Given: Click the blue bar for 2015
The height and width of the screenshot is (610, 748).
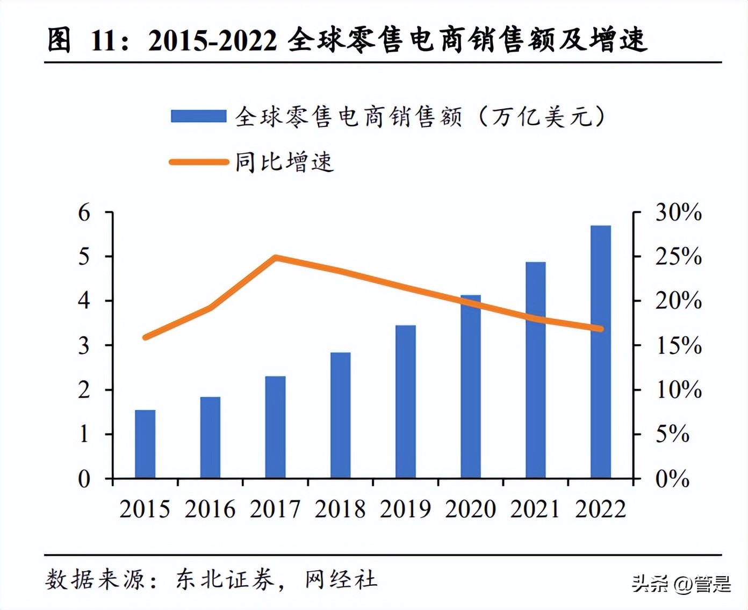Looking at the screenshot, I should (145, 444).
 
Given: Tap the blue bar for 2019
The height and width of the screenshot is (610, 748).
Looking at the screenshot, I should (406, 401).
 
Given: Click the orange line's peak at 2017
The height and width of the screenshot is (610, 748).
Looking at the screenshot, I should (275, 258).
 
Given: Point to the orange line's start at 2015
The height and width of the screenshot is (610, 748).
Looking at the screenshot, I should (145, 337).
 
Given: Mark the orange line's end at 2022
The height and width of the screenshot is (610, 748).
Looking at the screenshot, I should (600, 329).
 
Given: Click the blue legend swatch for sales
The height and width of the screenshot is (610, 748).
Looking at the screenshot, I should (198, 116).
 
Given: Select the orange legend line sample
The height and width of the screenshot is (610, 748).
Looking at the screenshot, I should (198, 162).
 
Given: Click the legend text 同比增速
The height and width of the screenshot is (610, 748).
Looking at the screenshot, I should (284, 162).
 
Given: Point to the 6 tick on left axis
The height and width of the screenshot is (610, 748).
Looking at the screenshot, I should (84, 213).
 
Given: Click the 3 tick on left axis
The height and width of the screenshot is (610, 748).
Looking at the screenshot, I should (84, 346).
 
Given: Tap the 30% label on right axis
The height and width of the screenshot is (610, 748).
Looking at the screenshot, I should (678, 213).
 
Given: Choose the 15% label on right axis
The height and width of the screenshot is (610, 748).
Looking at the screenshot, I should (678, 346).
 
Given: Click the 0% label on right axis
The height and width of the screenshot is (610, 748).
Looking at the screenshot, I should (672, 479).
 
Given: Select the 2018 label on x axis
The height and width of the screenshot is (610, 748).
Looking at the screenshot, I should (340, 509).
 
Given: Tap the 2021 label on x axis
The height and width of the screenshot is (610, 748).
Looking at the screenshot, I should (535, 509).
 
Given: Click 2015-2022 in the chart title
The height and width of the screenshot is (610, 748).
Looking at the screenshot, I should (213, 40).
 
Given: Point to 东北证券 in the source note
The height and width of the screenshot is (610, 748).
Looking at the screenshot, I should (225, 579).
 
